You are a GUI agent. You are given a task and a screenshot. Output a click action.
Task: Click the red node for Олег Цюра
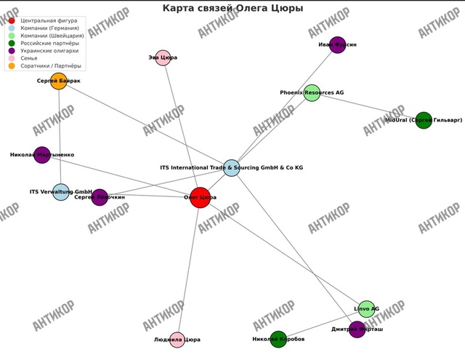coord(200,197)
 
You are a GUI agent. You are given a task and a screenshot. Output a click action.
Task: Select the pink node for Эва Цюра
coord(163,58)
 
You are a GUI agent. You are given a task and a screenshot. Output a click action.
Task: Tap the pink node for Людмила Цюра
coord(177,339)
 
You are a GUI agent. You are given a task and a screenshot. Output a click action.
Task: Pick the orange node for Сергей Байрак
coord(59,81)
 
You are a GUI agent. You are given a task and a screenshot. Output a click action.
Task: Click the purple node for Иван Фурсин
coord(337,45)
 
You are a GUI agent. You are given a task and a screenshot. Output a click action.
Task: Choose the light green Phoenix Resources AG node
coord(312,93)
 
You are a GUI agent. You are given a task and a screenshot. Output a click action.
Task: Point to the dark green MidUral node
coord(424,120)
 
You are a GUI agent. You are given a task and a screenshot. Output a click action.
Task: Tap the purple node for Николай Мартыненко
coord(42,155)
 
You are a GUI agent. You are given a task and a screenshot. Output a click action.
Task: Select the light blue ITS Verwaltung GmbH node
coord(61,192)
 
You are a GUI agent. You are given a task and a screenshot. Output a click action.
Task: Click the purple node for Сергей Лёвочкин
coord(100,197)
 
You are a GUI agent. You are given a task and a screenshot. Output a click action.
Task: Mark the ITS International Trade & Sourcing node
coord(231,168)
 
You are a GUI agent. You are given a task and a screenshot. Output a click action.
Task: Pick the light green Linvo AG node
coord(366,309)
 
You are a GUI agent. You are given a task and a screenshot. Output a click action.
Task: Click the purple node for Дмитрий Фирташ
coord(357,329)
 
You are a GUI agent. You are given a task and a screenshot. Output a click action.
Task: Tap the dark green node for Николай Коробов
coord(278,339)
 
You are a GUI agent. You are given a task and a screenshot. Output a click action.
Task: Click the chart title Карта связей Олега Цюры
coord(232,8)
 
